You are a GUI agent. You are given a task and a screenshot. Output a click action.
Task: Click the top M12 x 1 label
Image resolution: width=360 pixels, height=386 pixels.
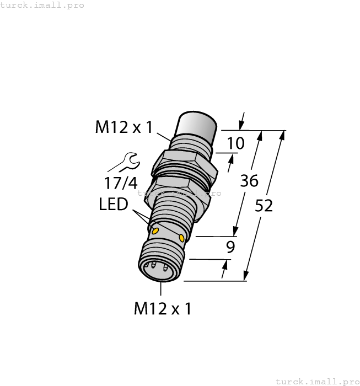pyautogui.click(x=123, y=127)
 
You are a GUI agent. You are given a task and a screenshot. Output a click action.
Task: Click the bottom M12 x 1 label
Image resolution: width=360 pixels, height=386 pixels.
pyautogui.click(x=162, y=308)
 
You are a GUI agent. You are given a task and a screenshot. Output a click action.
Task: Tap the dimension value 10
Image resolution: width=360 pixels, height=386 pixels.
pyautogui.click(x=235, y=143)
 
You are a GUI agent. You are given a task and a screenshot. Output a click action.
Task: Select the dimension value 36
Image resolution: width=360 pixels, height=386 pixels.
pyautogui.click(x=249, y=180)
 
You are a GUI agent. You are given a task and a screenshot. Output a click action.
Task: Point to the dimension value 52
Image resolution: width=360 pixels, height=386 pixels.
pyautogui.click(x=265, y=206)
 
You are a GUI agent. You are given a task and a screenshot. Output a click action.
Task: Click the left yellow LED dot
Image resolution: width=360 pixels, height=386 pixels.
pyautogui.click(x=156, y=229)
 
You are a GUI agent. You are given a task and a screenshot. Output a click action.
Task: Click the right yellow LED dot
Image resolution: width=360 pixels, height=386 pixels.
pyautogui.click(x=182, y=238)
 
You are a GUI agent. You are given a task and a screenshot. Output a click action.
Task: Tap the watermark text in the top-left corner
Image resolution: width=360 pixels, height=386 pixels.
pyautogui.click(x=42, y=5)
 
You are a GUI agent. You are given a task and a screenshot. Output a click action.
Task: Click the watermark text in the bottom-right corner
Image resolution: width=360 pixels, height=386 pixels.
pyautogui.click(x=317, y=381)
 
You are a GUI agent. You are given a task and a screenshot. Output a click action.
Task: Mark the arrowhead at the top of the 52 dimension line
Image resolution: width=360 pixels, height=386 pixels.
pyautogui.click(x=283, y=135)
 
